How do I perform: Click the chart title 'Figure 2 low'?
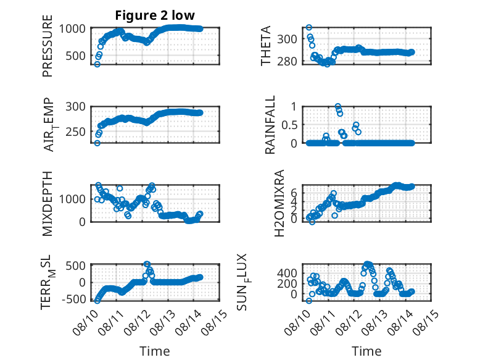coord(155,15)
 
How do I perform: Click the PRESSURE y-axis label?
coord(48,46)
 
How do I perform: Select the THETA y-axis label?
coord(266,46)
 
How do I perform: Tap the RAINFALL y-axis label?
coord(270,125)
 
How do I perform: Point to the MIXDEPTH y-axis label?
coord(48,204)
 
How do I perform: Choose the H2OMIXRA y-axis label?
coord(279,203)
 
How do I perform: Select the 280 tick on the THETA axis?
coord(288,61)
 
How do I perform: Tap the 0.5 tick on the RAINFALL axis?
coord(289,125)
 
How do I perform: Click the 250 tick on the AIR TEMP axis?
coord(76,132)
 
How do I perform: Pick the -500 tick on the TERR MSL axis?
coord(74,299)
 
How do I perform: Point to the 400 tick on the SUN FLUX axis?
coord(288,273)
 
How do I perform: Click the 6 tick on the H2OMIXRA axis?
coord(294,193)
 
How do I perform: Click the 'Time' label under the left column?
coord(155,351)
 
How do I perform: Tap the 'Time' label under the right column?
coord(366,351)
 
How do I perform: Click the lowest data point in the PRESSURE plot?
coord(97,64)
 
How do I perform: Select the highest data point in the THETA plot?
coord(309,28)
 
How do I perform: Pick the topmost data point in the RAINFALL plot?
coord(337,106)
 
